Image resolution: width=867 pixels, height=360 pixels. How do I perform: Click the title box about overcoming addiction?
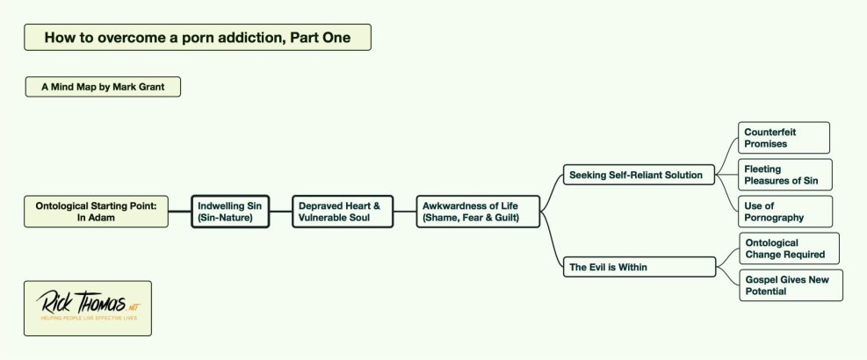click(x=197, y=37)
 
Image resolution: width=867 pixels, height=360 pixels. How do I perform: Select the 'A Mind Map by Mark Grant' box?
click(x=103, y=87)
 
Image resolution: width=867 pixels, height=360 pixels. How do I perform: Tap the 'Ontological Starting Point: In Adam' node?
click(x=96, y=212)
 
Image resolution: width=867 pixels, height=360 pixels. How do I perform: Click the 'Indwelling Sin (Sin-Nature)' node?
click(x=230, y=212)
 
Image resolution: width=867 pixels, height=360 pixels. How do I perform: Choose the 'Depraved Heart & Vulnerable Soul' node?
click(x=342, y=212)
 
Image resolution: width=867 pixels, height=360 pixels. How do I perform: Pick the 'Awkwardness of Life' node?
click(x=478, y=212)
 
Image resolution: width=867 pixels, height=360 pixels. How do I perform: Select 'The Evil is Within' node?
click(x=639, y=267)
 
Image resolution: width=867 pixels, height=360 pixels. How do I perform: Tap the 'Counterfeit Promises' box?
click(x=783, y=138)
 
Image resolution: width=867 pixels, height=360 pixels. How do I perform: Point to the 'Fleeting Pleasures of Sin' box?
click(x=784, y=175)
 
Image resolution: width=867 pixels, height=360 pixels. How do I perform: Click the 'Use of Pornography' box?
click(x=784, y=212)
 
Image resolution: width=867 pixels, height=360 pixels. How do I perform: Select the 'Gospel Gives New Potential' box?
click(x=790, y=285)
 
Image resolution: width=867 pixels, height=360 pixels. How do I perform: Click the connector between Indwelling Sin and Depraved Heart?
click(x=280, y=212)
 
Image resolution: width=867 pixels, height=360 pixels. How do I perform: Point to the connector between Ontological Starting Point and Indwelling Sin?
click(x=180, y=212)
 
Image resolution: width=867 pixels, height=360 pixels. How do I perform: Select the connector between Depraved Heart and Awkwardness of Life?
click(x=404, y=212)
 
